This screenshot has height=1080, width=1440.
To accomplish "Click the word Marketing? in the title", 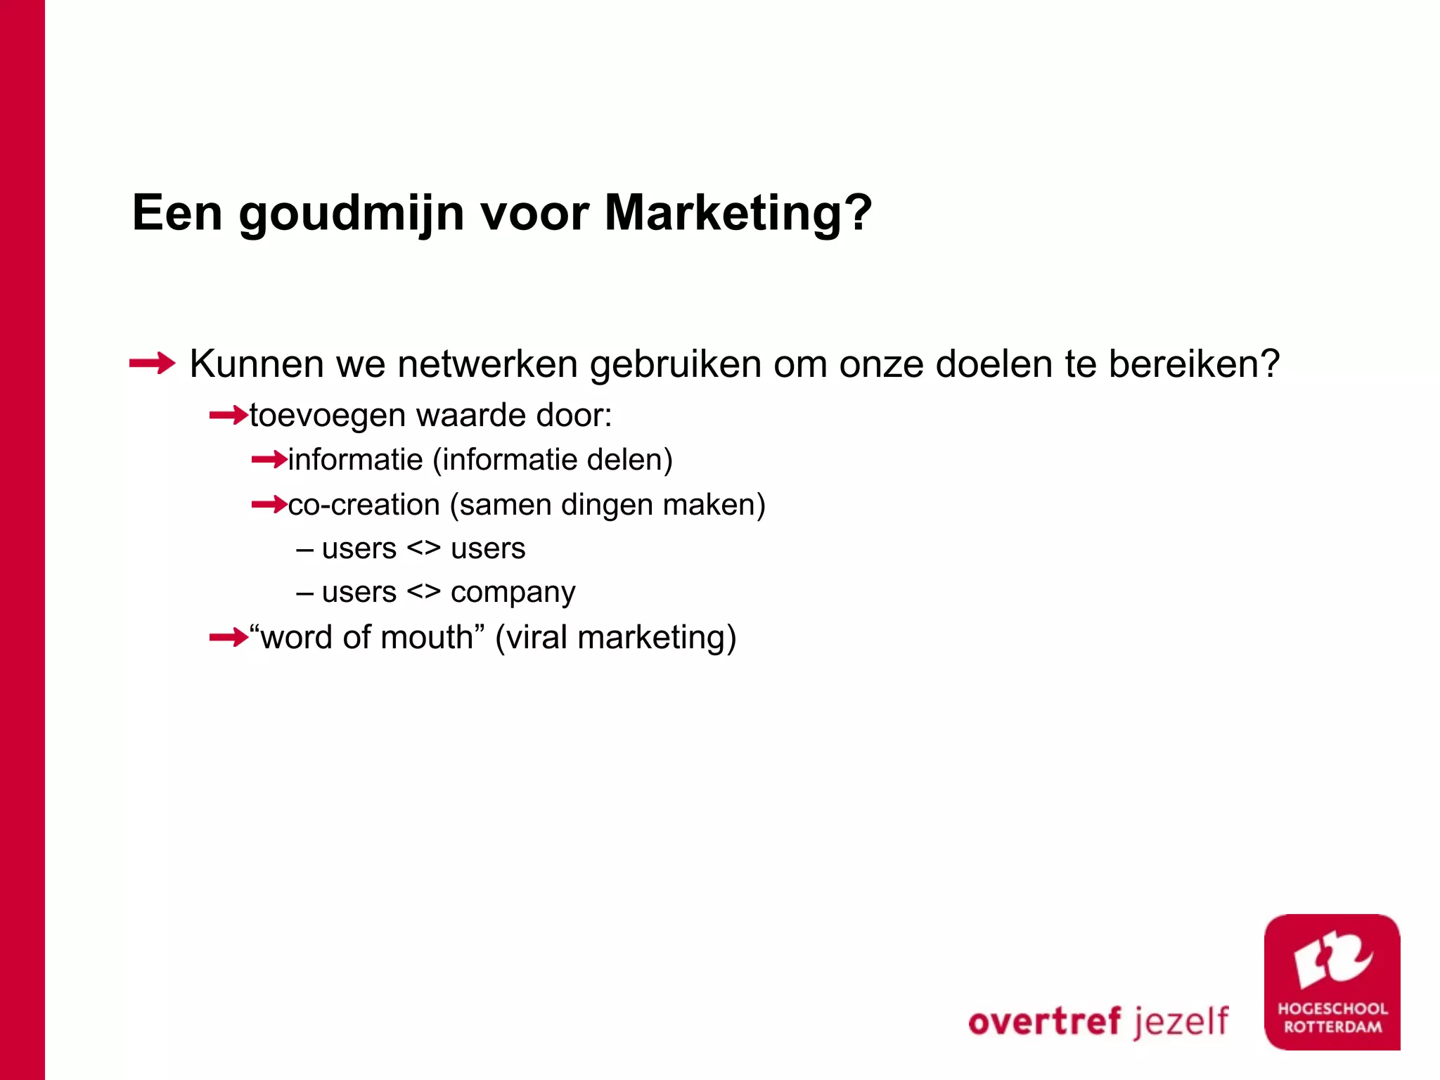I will [x=738, y=212].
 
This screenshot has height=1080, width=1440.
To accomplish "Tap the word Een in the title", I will [x=177, y=212].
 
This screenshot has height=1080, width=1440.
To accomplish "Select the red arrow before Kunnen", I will [x=152, y=364].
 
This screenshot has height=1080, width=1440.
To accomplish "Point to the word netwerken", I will [x=487, y=364].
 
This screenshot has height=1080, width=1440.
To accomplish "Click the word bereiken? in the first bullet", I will [x=1194, y=364].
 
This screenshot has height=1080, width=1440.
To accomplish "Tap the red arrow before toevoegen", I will [x=229, y=416].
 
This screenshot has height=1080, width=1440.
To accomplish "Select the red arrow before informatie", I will [x=269, y=460].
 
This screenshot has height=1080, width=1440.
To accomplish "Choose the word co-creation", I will [x=364, y=505].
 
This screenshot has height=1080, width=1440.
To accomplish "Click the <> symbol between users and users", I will [x=423, y=548].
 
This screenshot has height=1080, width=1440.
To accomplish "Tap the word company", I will [x=513, y=593].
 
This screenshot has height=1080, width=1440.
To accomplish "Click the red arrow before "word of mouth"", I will [x=229, y=638].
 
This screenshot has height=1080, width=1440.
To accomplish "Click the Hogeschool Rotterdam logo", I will [x=1332, y=982].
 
